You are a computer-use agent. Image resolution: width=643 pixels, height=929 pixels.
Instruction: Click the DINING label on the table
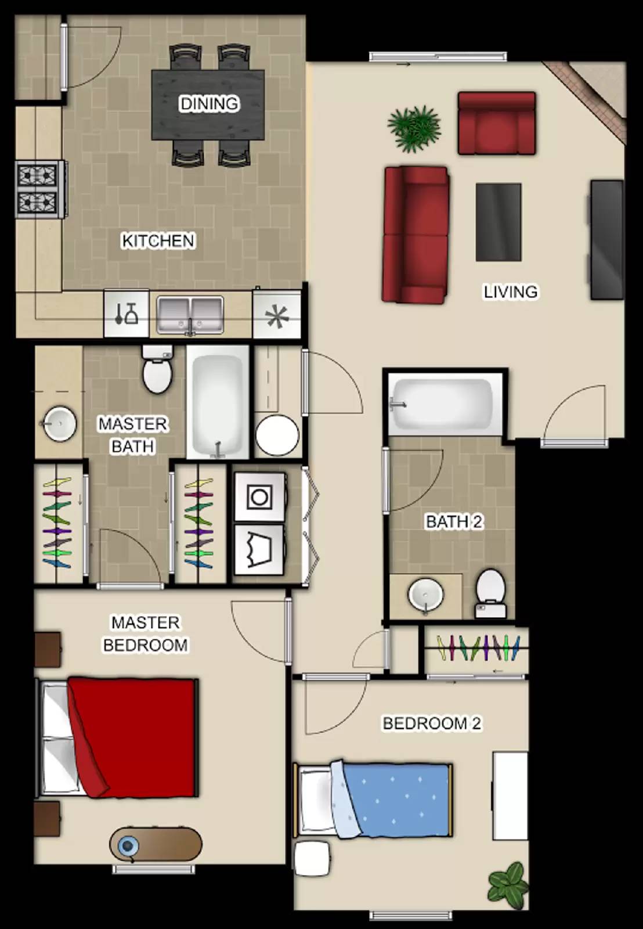point(209,103)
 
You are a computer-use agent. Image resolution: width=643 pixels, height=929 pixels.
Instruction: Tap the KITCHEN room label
point(158,241)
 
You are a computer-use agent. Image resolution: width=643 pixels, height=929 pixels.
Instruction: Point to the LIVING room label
point(511,292)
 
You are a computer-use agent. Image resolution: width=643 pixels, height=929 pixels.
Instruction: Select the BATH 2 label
point(454,522)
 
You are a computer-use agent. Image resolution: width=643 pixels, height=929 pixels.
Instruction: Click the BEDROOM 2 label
point(432,723)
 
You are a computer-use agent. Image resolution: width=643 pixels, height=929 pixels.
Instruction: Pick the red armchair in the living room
point(497,123)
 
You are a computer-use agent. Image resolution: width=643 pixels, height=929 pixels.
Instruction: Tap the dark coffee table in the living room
point(498,222)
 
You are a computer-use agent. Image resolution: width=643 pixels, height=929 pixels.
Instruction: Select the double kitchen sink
point(190,315)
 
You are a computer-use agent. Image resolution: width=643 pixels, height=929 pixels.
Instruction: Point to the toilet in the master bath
point(157,369)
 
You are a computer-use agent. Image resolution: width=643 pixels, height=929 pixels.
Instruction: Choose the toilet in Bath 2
point(490,593)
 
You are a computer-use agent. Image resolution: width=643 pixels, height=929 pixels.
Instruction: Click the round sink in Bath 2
point(425,595)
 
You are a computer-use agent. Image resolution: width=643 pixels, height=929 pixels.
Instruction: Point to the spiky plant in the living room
point(414,128)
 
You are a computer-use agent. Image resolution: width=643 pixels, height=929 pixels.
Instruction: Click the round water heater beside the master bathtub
point(277,436)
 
